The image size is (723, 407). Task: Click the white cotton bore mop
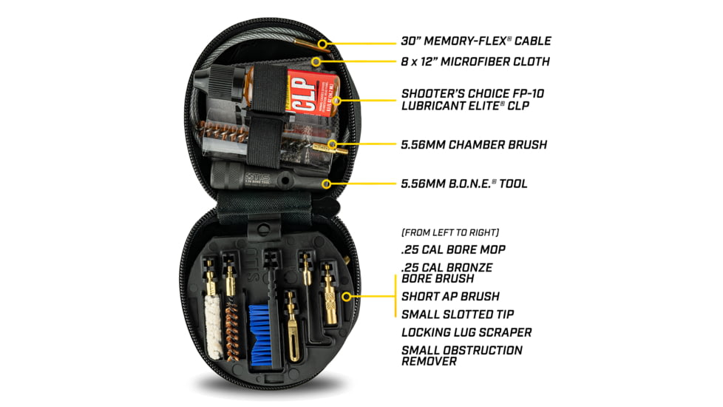[x=213, y=333]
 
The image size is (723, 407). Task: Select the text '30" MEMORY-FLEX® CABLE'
[x=476, y=41]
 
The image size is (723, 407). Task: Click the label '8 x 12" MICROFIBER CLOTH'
[x=475, y=61]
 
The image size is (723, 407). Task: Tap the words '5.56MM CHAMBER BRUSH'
[x=474, y=144]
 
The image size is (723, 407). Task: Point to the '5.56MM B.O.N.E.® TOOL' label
[x=464, y=183]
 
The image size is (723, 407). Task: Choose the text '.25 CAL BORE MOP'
[x=453, y=249]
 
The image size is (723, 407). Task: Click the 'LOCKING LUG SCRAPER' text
[x=466, y=332]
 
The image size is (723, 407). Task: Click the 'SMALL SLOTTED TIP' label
[x=458, y=314]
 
